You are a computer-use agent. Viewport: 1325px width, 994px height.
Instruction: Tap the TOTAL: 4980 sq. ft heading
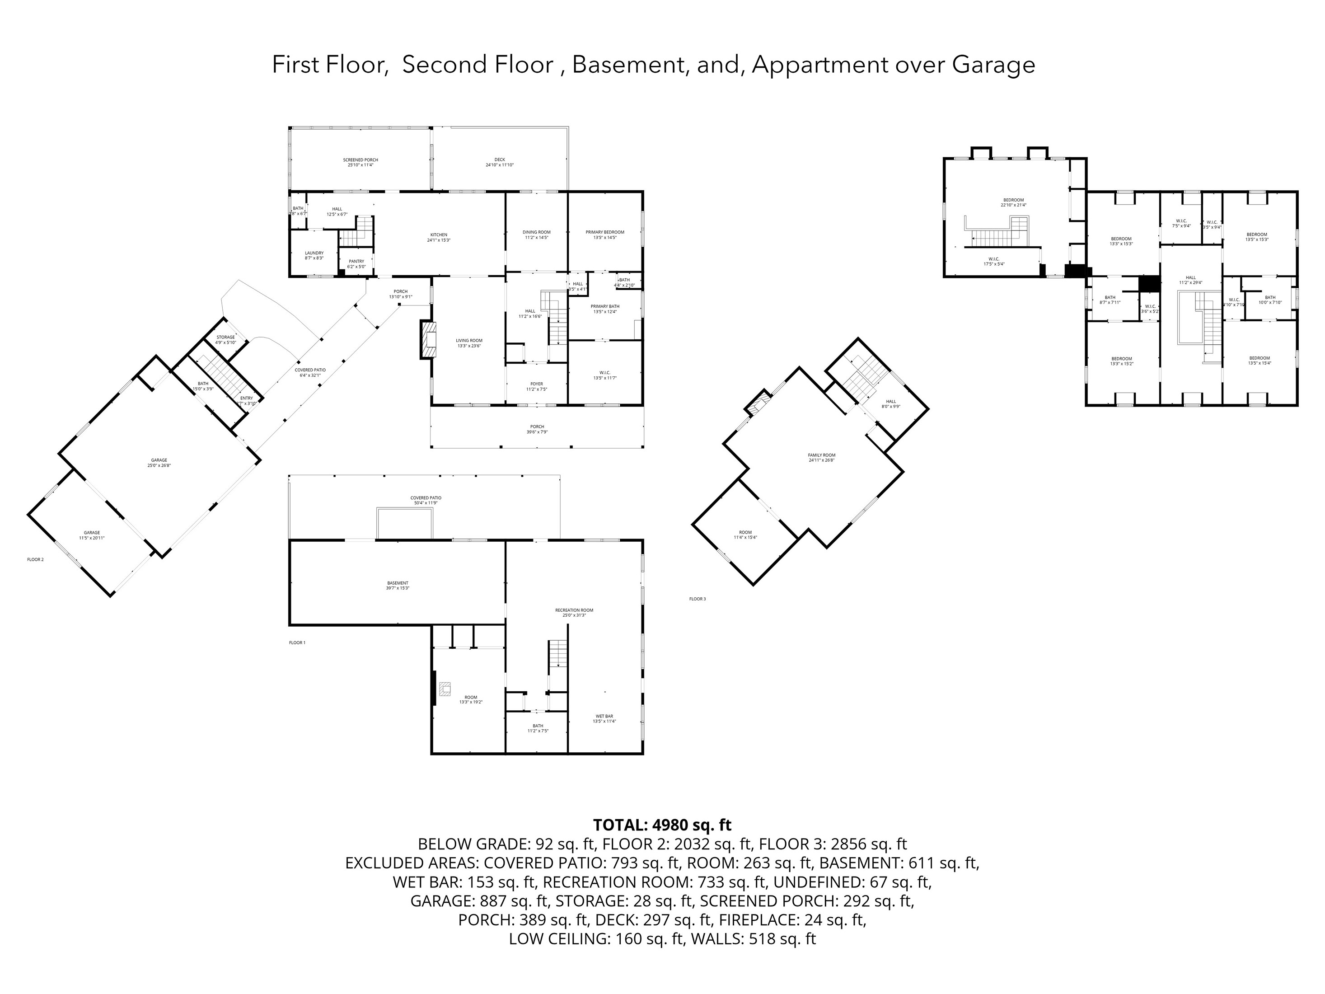coord(662,825)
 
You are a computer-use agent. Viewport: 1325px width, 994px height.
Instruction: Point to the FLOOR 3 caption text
coord(697,599)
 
